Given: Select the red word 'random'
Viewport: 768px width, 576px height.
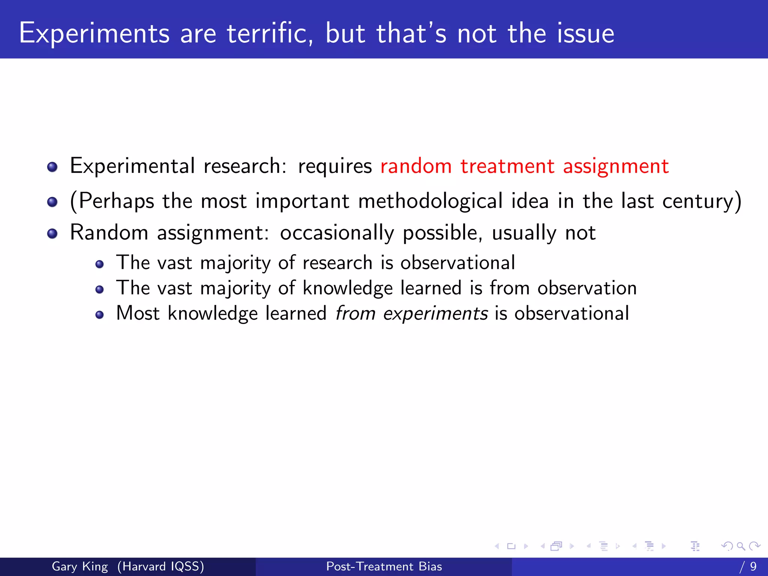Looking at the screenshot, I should [x=415, y=166].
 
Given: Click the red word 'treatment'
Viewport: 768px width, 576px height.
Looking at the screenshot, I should [x=507, y=166].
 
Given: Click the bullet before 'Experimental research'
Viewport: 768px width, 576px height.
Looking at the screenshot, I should [x=52, y=167].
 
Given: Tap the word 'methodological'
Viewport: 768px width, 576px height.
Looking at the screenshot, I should [x=430, y=201].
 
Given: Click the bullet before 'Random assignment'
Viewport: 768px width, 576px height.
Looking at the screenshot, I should [x=52, y=234].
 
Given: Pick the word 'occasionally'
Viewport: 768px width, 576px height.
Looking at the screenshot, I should [x=337, y=233].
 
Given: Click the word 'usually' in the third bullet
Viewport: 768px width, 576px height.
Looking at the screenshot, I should [x=524, y=233].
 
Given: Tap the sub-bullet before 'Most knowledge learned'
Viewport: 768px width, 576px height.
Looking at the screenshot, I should [x=99, y=315].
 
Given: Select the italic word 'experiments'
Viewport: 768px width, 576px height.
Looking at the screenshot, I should [x=435, y=313].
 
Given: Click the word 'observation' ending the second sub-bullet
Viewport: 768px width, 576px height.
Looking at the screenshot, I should [x=587, y=288].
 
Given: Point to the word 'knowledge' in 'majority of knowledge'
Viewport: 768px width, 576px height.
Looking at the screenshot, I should [x=348, y=288].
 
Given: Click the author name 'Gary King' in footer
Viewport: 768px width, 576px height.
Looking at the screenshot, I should [x=79, y=566].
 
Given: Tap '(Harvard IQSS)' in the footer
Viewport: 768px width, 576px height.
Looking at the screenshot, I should [x=160, y=566].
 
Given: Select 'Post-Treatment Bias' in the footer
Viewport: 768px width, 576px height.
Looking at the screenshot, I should [x=384, y=566].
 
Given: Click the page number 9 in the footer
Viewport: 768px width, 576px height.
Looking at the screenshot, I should [x=753, y=566].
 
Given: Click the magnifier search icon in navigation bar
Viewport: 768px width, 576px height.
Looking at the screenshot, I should [x=741, y=546].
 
